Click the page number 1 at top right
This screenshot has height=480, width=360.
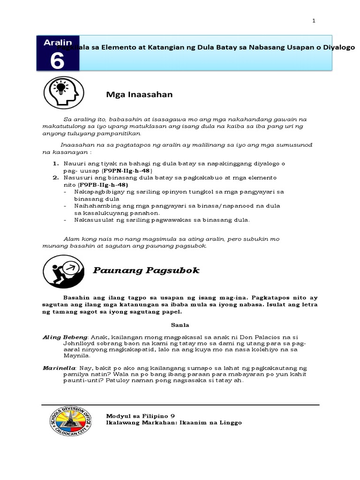[x=314, y=21]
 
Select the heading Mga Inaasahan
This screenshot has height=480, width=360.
[x=140, y=95]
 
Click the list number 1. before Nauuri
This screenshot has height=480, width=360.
[x=55, y=164]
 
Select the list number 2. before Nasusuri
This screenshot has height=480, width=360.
[x=55, y=178]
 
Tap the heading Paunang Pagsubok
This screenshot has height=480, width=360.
[x=145, y=270]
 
